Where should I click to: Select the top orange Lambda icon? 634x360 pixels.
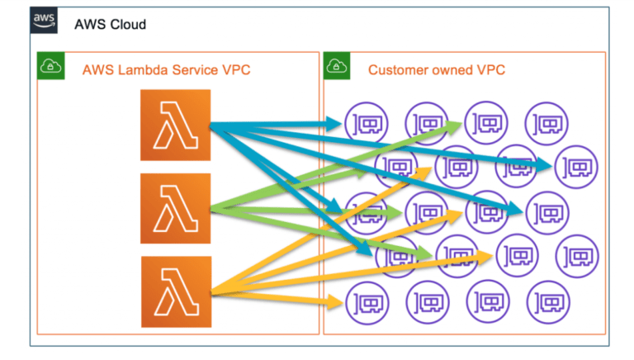coord(175,126)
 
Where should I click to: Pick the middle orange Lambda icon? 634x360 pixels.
coord(175,208)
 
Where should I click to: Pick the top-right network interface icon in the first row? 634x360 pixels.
coord(545,124)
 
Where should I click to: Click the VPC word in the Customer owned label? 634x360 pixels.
coord(490,70)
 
